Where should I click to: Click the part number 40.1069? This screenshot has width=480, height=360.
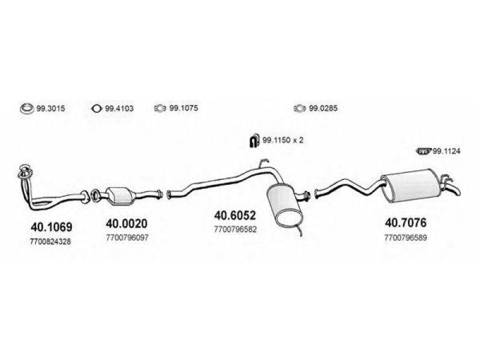click(52, 227)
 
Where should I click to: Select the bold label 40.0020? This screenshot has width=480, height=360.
click(127, 223)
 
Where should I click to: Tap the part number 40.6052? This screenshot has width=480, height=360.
click(235, 215)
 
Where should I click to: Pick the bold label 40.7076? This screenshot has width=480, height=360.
click(406, 223)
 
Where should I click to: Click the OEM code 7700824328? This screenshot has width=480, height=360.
click(50, 242)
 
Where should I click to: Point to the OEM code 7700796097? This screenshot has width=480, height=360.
click(127, 238)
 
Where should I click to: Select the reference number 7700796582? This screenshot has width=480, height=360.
click(235, 229)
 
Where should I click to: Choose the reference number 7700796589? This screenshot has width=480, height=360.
click(406, 238)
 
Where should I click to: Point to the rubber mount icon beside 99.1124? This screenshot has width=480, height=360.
click(424, 151)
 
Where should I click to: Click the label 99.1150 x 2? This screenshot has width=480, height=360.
click(283, 140)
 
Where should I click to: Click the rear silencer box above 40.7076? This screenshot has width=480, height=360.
click(410, 185)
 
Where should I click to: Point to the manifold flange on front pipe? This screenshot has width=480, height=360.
click(25, 172)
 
